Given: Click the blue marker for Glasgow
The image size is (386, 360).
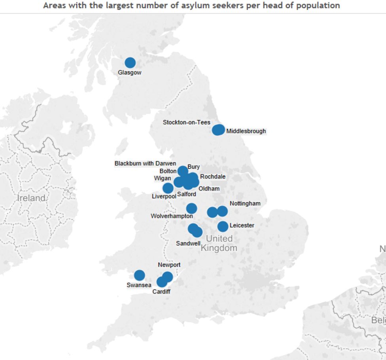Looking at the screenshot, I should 130,63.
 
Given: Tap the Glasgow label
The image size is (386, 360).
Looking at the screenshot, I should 129,73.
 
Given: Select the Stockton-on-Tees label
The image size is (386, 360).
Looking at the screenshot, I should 186,123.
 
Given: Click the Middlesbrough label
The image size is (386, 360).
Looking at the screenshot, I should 246,131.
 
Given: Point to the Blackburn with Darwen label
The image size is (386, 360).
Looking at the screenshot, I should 145,163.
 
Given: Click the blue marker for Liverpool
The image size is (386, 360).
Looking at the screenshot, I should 168,188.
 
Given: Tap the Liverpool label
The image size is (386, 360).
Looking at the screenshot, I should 164,196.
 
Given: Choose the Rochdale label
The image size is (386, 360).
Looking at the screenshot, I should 213,176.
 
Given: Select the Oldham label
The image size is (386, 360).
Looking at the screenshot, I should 209,189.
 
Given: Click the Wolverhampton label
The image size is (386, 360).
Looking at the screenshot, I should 172,216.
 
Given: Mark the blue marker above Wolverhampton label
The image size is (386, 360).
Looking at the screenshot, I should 191,208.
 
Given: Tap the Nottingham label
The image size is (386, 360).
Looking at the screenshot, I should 245,203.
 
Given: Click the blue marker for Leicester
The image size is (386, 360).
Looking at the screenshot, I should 223,226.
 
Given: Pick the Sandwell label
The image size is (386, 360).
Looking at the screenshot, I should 188,243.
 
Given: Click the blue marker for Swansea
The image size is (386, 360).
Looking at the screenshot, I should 139,275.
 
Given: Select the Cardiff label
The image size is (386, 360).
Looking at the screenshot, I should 161,292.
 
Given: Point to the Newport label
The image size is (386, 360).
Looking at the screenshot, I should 169,265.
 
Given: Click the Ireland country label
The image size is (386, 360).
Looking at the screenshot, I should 31,198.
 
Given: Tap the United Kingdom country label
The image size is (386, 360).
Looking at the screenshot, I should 219,243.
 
